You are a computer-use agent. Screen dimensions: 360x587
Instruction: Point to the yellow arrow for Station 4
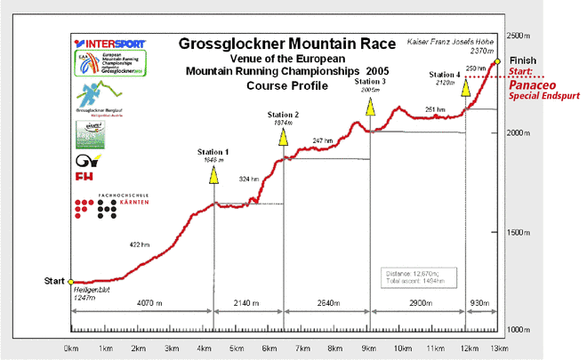(464, 86)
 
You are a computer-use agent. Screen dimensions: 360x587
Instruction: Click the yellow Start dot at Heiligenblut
(72, 282)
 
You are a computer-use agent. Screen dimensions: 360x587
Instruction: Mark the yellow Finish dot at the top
(498, 61)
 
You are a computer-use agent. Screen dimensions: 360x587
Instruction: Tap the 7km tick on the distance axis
(302, 348)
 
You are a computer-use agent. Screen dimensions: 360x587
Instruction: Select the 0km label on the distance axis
(72, 348)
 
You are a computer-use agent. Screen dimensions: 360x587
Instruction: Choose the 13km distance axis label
(500, 348)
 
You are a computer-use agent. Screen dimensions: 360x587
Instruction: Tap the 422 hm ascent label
(141, 244)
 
